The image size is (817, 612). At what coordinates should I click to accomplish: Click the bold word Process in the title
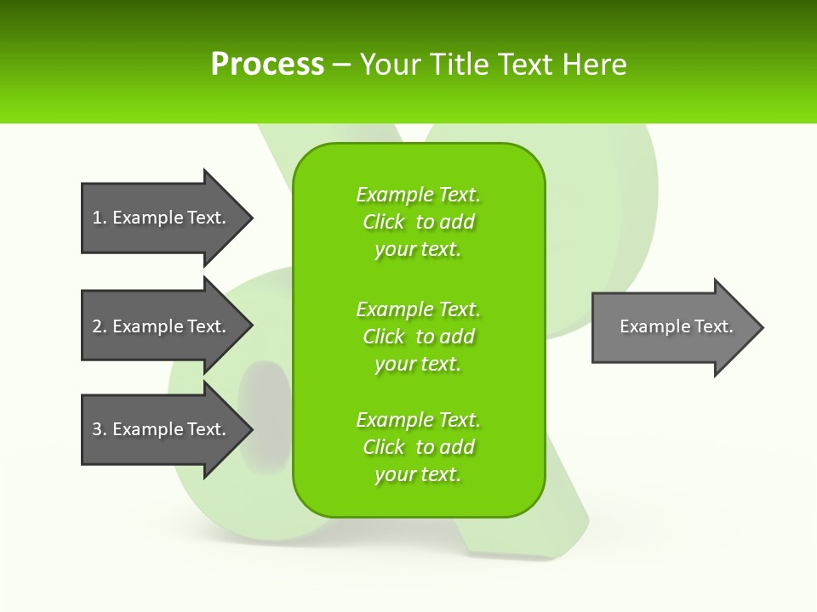click(267, 64)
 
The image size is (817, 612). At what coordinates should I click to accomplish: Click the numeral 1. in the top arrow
click(99, 218)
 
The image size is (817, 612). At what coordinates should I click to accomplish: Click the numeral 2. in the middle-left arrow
click(99, 326)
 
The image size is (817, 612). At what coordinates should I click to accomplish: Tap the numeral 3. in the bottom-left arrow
click(99, 429)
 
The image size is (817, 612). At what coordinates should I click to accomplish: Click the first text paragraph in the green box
click(418, 222)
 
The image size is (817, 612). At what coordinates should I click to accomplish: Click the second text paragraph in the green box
click(418, 337)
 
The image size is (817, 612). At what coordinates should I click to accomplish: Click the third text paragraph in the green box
click(418, 447)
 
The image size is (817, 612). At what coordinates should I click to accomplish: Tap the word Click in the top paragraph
click(383, 222)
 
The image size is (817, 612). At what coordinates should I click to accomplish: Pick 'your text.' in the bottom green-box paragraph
click(418, 474)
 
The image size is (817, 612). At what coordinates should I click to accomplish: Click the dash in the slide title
click(341, 65)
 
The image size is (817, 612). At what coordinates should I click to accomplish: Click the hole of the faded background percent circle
click(265, 400)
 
